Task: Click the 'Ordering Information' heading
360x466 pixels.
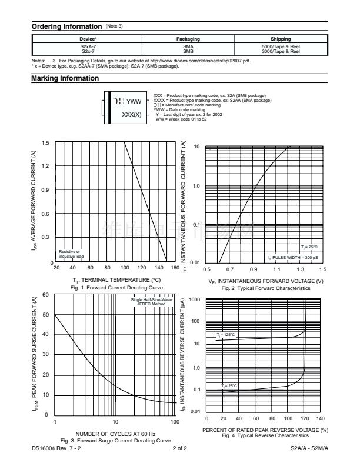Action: tap(66, 26)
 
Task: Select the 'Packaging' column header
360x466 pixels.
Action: tap(188, 39)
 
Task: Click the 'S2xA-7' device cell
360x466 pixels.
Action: tap(88, 46)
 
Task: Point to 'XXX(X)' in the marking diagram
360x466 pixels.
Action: tap(131, 114)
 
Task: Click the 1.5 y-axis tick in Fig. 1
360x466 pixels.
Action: tap(46, 142)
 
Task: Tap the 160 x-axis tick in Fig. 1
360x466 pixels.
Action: tap(175, 268)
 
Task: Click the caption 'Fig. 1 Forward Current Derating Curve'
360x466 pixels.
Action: tap(116, 287)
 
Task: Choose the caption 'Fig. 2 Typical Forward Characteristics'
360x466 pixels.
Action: tap(266, 289)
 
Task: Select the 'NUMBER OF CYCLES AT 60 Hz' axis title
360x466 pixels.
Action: tap(116, 434)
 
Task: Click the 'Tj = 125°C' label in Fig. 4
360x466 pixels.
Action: tap(226, 335)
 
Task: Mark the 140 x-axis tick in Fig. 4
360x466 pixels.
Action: tap(321, 418)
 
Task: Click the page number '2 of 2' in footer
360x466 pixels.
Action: tap(180, 448)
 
